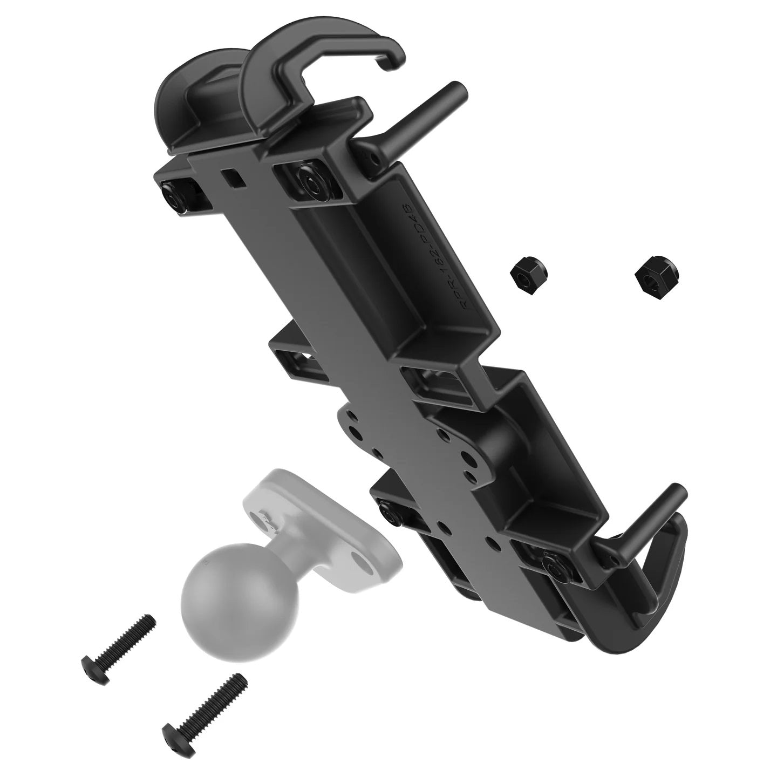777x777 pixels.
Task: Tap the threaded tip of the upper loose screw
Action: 149,623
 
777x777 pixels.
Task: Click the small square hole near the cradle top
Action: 231,178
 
